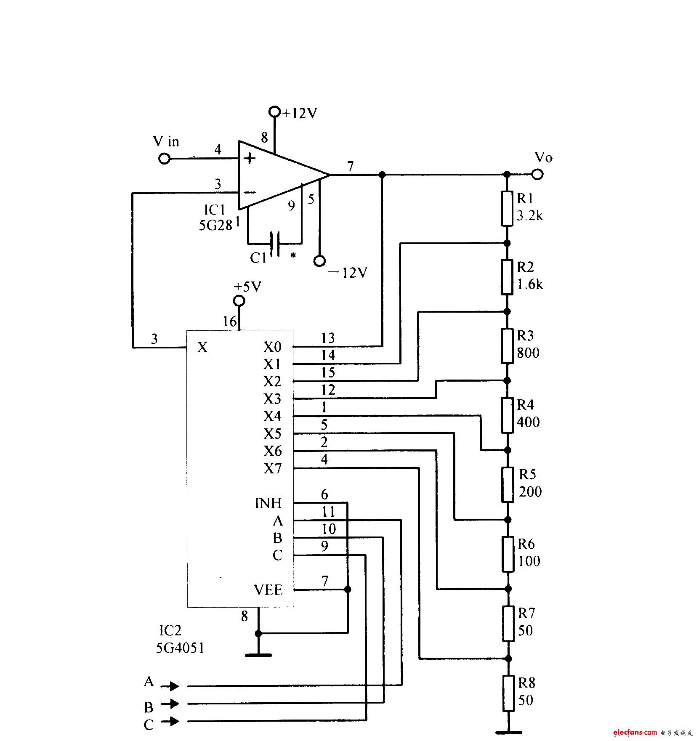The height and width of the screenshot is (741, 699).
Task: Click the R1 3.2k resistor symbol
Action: pyautogui.click(x=507, y=208)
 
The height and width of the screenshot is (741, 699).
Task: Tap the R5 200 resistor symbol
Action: pyautogui.click(x=508, y=484)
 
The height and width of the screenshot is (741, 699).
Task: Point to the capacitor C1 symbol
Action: pyautogui.click(x=275, y=243)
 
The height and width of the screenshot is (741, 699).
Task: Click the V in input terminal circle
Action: pyautogui.click(x=164, y=159)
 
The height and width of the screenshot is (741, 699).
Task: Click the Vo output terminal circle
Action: pyautogui.click(x=537, y=174)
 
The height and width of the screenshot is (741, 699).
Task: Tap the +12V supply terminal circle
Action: pyautogui.click(x=274, y=112)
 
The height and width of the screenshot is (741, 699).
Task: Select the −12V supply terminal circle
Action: pyautogui.click(x=320, y=261)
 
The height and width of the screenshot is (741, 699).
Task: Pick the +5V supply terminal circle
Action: pyautogui.click(x=239, y=301)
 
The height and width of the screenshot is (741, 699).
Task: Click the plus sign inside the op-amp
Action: pyautogui.click(x=250, y=159)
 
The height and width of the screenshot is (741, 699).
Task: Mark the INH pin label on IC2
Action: pyautogui.click(x=268, y=503)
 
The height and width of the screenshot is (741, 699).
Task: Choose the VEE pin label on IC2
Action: pyautogui.click(x=268, y=590)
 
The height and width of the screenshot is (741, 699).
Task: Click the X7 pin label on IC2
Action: pyautogui.click(x=273, y=468)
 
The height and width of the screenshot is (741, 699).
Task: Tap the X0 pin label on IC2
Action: pyautogui.click(x=272, y=347)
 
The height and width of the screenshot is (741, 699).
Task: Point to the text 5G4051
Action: pyautogui.click(x=180, y=648)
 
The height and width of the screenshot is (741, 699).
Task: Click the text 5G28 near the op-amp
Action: pyautogui.click(x=215, y=226)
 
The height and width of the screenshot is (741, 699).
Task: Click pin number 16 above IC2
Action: pyautogui.click(x=230, y=321)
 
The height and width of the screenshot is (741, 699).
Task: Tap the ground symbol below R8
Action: pyautogui.click(x=509, y=733)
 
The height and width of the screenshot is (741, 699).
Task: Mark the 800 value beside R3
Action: pyautogui.click(x=528, y=353)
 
